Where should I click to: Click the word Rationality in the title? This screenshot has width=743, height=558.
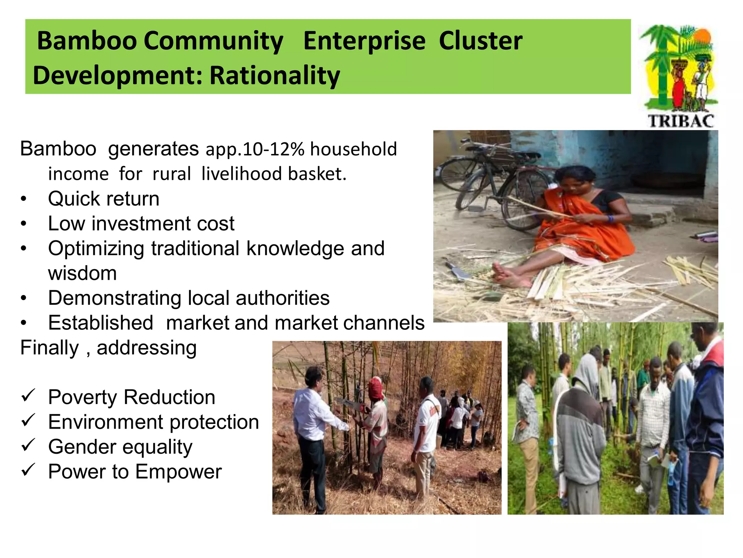click(275, 76)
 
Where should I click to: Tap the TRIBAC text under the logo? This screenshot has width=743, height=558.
click(681, 121)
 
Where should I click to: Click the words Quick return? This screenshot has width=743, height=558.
click(104, 199)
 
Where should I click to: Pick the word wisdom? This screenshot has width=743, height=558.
click(82, 273)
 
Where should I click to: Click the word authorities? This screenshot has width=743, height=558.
click(283, 298)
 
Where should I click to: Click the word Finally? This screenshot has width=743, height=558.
click(49, 348)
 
